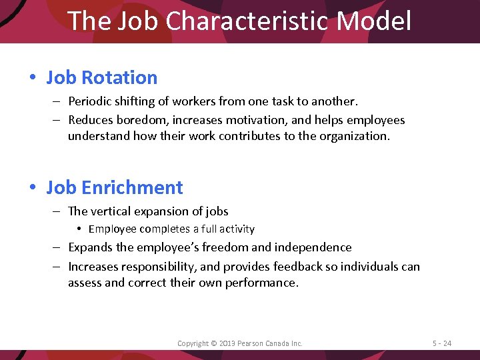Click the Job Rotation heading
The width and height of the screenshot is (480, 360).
click(x=102, y=77)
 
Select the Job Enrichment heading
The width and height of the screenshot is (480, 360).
click(x=115, y=187)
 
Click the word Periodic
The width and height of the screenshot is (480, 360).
click(x=92, y=101)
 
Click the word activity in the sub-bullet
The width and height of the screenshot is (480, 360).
click(x=233, y=229)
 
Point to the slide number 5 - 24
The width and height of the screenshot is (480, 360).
click(x=441, y=343)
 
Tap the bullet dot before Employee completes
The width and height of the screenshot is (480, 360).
click(x=79, y=229)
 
